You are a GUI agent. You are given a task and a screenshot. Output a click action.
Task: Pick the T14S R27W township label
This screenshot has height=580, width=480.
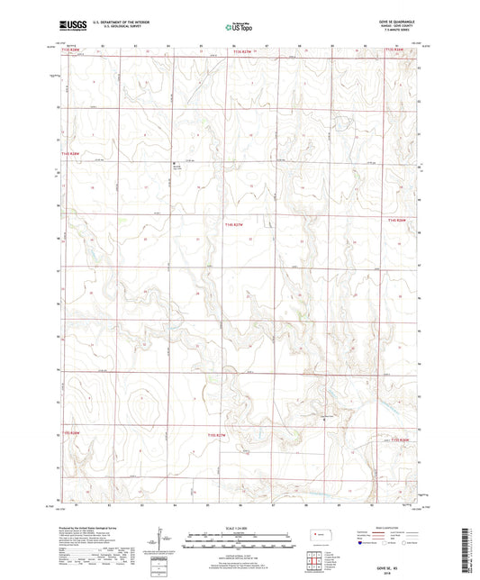pyautogui.click(x=234, y=224)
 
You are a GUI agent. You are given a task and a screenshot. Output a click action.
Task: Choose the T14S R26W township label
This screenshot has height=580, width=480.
pyautogui.click(x=397, y=220)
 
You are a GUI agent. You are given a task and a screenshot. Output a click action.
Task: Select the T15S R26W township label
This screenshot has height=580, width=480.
pyautogui.click(x=400, y=440)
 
